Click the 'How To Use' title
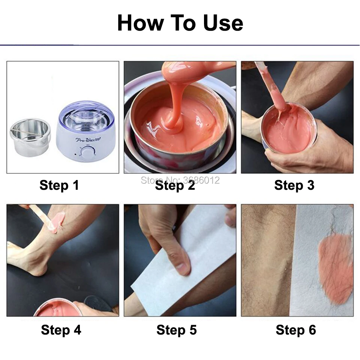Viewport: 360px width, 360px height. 180,23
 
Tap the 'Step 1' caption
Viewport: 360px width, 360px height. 59,185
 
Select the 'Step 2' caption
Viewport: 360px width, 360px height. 175,185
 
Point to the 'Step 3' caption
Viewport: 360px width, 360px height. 294,185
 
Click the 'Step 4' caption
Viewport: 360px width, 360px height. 61,330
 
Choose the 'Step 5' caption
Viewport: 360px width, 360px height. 177,330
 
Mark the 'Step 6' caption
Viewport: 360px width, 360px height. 296,330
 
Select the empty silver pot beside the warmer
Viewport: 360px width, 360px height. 30,137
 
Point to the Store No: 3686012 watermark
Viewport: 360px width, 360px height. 180,180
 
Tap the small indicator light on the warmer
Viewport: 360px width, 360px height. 75,154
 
